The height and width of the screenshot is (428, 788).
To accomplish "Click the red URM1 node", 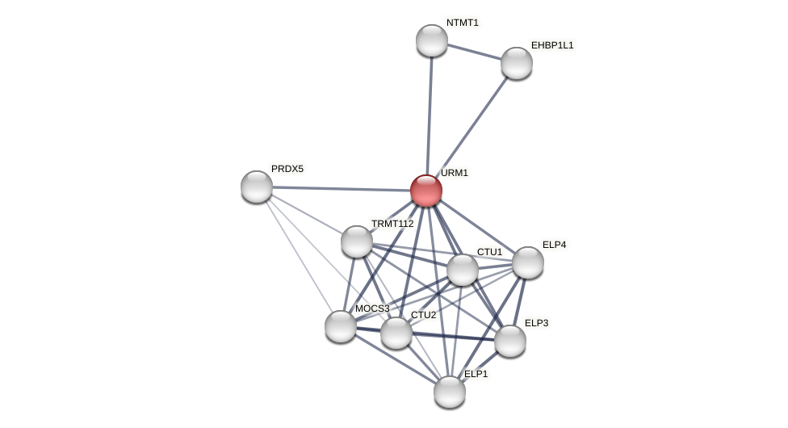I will (426, 191).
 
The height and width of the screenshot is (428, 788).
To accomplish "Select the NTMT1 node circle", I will (432, 40).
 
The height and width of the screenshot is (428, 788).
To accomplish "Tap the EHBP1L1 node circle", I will (517, 63).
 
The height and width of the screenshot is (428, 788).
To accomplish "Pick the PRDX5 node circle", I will (257, 187).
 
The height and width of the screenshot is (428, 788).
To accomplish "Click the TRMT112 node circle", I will (357, 241).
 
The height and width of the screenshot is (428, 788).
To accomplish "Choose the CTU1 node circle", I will (463, 270).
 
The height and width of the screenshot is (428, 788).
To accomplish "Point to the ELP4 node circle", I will (528, 262).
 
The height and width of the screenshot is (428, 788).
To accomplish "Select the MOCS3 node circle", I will (341, 326).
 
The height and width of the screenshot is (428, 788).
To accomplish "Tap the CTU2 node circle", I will (396, 333).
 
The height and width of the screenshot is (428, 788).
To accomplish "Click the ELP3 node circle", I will (510, 341).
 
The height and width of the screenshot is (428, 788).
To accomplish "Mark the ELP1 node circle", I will (450, 392).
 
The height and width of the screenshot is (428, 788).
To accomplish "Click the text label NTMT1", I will (463, 23).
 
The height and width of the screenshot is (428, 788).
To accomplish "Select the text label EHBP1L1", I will (552, 45).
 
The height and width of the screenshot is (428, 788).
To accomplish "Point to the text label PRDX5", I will (287, 169).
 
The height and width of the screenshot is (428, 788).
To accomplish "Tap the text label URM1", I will (455, 173).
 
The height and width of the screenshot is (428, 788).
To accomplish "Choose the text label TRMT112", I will (392, 224).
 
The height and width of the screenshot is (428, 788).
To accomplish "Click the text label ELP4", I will (554, 245).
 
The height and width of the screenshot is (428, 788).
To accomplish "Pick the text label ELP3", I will (536, 323).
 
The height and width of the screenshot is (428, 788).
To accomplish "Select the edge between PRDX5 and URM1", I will (339, 188).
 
